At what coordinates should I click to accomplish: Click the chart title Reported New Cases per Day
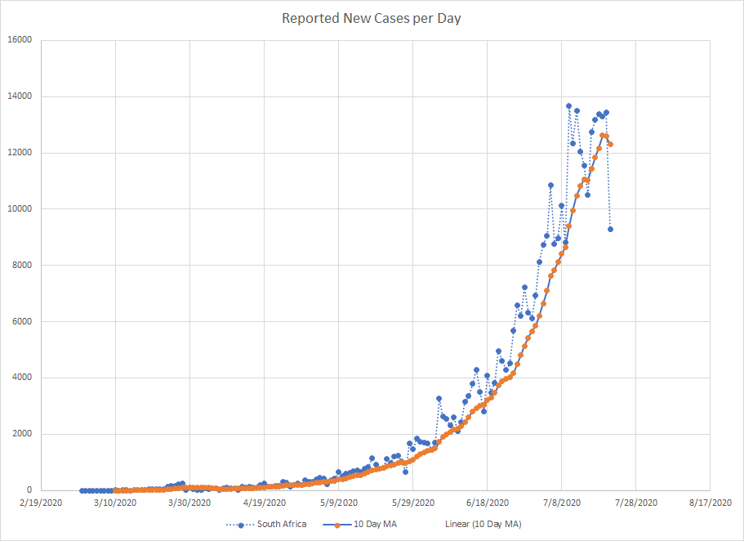pyautogui.click(x=372, y=18)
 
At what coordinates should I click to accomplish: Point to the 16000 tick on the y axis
pyautogui.click(x=19, y=40)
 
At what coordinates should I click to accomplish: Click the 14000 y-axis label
pyautogui.click(x=19, y=96)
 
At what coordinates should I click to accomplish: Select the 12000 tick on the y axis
pyautogui.click(x=19, y=153)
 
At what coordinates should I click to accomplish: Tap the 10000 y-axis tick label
pyautogui.click(x=19, y=209)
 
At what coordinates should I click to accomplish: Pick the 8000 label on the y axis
pyautogui.click(x=21, y=266)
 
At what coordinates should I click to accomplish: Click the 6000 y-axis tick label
pyautogui.click(x=21, y=322)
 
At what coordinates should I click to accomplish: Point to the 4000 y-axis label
pyautogui.click(x=21, y=378)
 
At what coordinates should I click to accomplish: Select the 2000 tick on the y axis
pyautogui.click(x=21, y=435)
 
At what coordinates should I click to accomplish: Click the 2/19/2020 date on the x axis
pyautogui.click(x=41, y=503)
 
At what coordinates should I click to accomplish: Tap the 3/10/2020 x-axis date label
pyautogui.click(x=115, y=503)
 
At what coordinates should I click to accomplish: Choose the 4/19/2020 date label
pyautogui.click(x=264, y=503)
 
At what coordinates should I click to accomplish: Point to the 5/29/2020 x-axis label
pyautogui.click(x=412, y=503)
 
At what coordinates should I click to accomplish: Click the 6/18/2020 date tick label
pyautogui.click(x=487, y=503)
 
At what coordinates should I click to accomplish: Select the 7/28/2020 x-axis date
pyautogui.click(x=635, y=503)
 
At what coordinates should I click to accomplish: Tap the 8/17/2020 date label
pyautogui.click(x=710, y=503)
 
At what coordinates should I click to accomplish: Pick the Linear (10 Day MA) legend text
pyautogui.click(x=483, y=524)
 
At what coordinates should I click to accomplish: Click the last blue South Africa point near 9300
pyautogui.click(x=610, y=229)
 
